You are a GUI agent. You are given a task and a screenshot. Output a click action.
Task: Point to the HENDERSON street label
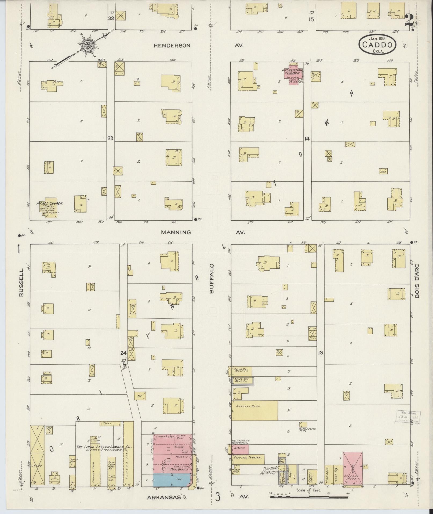[172, 46]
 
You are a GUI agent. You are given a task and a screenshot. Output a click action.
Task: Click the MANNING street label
[176, 232]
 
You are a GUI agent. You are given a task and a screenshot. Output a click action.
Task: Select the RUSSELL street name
[21, 282]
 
